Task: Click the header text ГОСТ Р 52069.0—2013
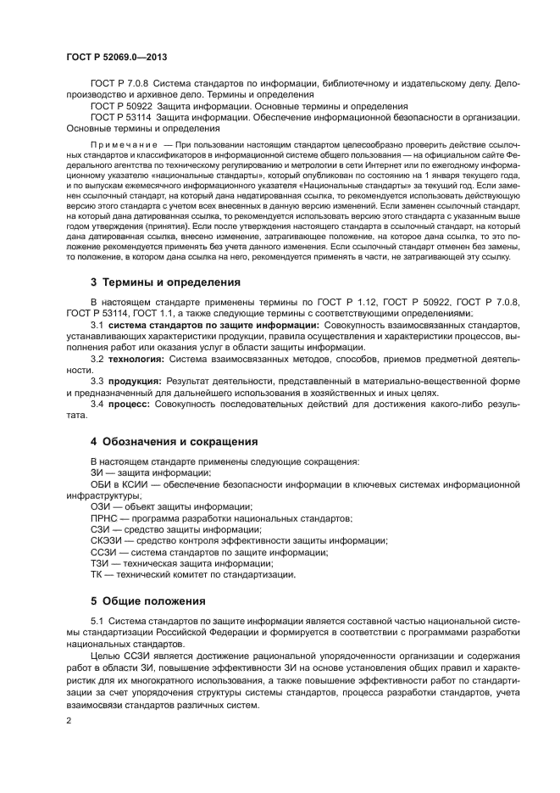coord(114,55)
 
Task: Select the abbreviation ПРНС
coord(105,517)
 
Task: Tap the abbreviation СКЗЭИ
coord(107,540)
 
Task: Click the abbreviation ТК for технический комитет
coord(97,574)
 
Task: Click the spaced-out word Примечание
coord(119,147)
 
